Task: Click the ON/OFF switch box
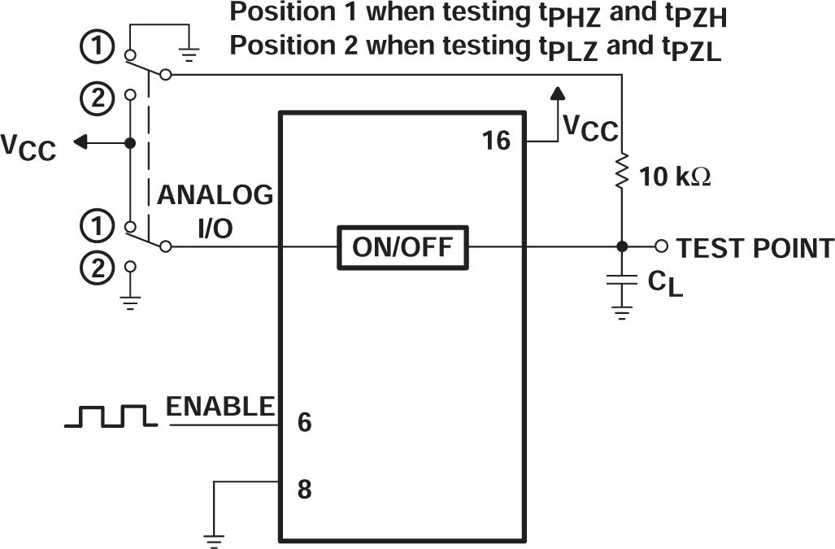click(403, 247)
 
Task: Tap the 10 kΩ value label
click(676, 176)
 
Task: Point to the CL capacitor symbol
click(622, 280)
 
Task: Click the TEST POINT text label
click(755, 248)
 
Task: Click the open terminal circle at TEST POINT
click(661, 246)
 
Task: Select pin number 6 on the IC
click(305, 424)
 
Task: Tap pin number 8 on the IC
click(305, 490)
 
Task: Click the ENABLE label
click(220, 407)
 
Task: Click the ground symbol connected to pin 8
click(215, 538)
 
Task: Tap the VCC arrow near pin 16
click(557, 96)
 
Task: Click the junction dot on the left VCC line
click(129, 143)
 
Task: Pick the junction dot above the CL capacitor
click(622, 246)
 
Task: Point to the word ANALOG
click(215, 196)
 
